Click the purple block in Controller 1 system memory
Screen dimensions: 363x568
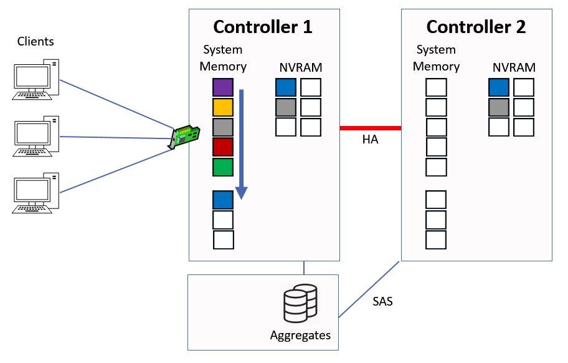click(x=222, y=88)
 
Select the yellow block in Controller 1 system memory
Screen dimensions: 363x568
click(x=222, y=108)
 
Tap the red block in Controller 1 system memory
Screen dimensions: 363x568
click(x=222, y=148)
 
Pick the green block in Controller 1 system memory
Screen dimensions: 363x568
click(x=222, y=168)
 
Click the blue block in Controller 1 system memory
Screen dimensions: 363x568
click(x=222, y=200)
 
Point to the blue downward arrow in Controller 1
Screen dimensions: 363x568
click(x=242, y=143)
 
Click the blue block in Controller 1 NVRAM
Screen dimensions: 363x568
click(x=286, y=87)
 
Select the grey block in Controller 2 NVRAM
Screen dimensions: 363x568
click(x=499, y=107)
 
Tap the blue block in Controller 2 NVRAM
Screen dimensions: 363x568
click(x=499, y=87)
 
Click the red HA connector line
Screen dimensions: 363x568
click(x=370, y=128)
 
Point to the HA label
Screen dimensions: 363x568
click(x=370, y=140)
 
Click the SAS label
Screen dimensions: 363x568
click(x=382, y=302)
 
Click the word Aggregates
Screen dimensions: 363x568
click(x=300, y=335)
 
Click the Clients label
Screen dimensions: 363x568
click(x=35, y=42)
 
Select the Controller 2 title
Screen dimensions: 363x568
click(x=476, y=27)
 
